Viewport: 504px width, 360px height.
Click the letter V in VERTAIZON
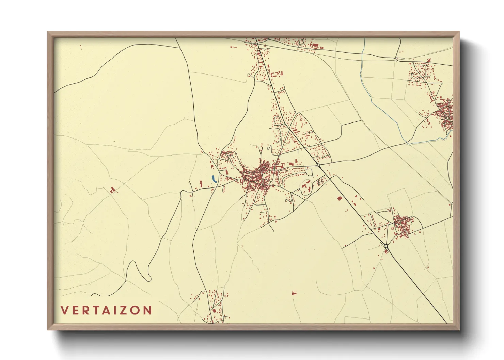[64, 310]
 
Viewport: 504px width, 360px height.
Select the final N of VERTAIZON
[147, 310]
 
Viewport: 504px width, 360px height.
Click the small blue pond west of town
[214, 179]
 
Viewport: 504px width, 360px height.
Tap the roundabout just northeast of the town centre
[318, 165]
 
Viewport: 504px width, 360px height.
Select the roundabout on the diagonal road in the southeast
[386, 246]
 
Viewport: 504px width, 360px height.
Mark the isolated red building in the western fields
[112, 190]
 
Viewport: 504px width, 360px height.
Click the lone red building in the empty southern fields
[294, 292]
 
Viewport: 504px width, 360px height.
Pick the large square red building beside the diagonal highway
[339, 198]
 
